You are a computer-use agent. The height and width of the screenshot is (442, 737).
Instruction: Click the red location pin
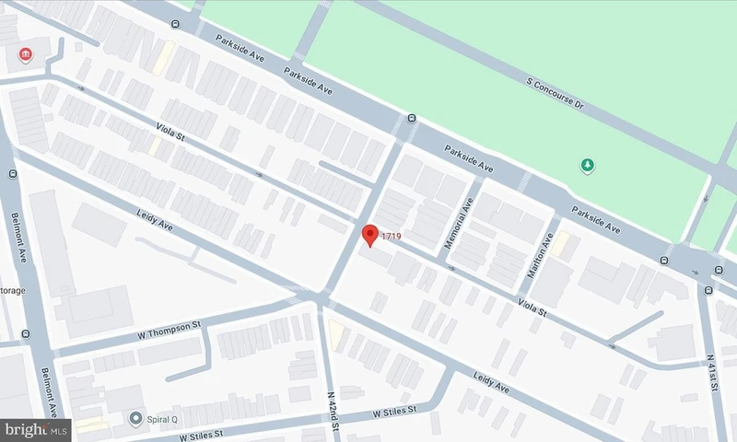pos(369,235)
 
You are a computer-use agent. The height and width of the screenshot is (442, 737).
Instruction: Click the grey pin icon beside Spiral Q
pos(137,419)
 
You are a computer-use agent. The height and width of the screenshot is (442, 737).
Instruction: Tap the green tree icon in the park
pos(586,166)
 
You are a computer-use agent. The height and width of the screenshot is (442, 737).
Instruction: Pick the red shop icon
pos(25,56)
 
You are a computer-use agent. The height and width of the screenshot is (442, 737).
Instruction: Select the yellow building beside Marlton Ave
pos(560,244)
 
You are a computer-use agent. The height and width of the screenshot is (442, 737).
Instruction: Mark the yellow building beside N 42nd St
pos(337,335)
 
